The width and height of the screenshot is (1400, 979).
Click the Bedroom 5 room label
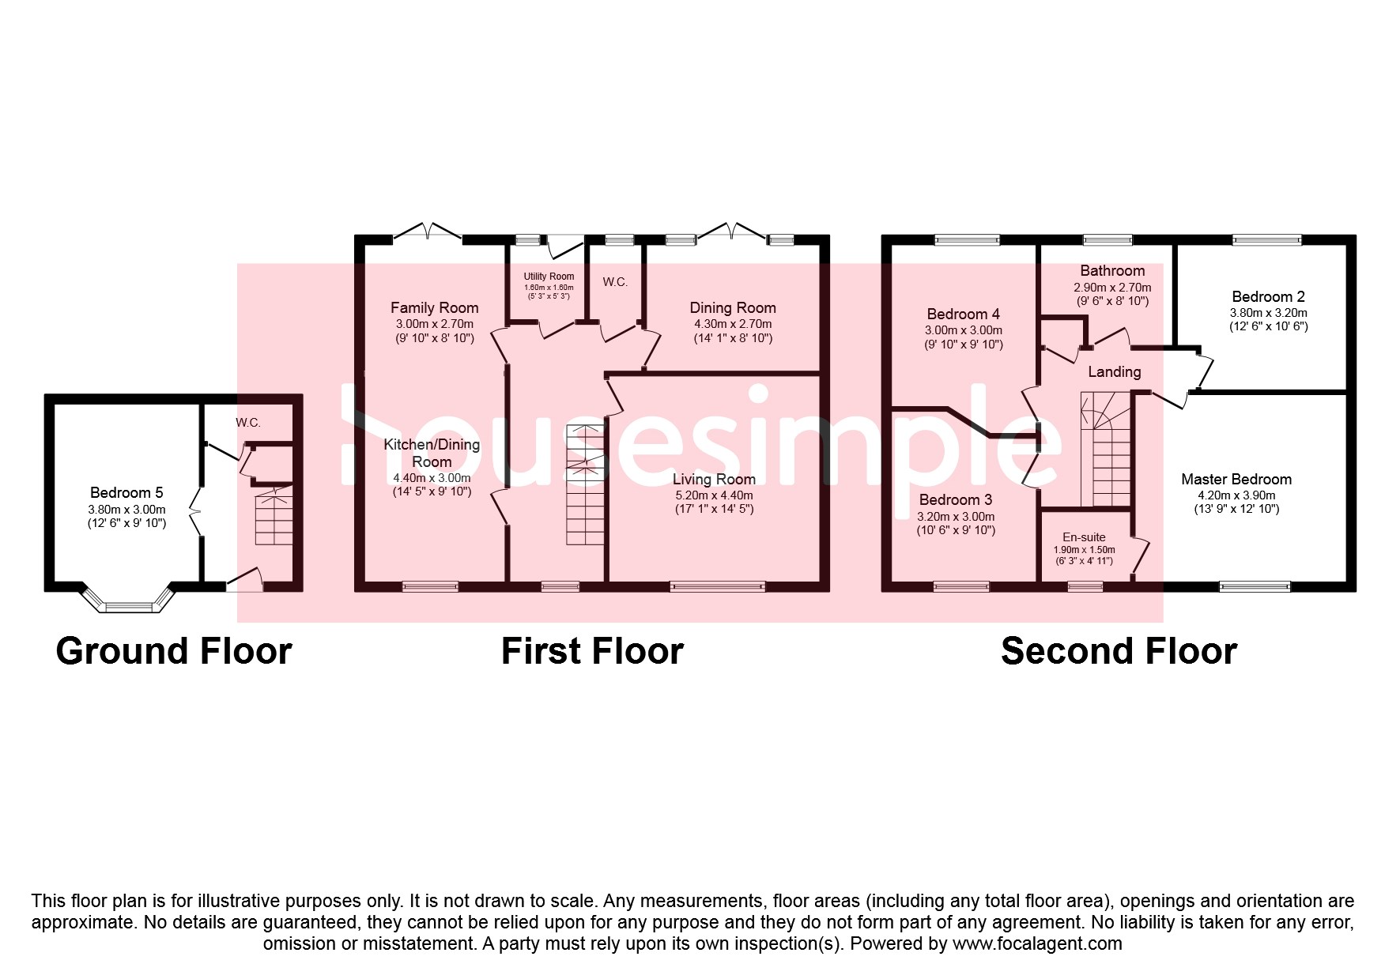126,493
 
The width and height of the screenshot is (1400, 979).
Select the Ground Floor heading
174,651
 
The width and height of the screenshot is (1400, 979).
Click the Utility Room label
549,277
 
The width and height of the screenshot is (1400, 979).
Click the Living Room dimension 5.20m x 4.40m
713,495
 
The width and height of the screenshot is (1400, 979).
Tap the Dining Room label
733,308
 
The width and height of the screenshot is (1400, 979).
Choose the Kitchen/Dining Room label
432,453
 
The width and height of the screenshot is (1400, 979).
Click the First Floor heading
592,651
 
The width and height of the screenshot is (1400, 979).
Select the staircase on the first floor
586,484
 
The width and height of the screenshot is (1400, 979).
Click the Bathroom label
1112,271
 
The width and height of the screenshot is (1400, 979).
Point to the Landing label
1115,372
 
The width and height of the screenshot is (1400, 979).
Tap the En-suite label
1084,537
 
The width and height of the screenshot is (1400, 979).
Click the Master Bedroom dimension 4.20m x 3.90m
1236,495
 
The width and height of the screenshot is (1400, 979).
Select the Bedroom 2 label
1268,297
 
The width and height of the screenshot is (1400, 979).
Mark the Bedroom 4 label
964,314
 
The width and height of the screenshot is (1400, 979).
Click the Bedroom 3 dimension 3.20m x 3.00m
956,517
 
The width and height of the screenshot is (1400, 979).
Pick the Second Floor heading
1119,651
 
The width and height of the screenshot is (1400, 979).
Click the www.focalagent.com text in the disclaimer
1037,943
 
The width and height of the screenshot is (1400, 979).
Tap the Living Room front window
718,586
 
